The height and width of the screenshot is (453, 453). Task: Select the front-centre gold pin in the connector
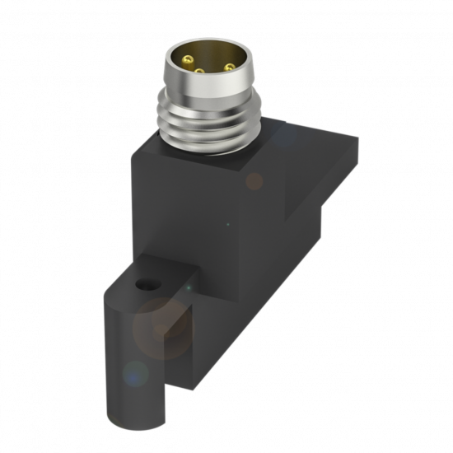tap(198, 72)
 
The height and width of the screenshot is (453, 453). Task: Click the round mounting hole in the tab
tap(147, 285)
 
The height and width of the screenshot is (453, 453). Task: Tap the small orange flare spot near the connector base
tap(255, 181)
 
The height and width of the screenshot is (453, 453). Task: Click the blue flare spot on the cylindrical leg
tap(133, 376)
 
